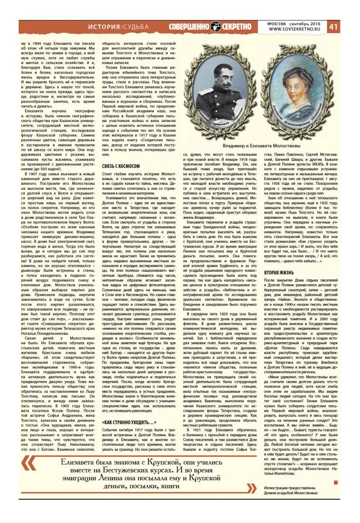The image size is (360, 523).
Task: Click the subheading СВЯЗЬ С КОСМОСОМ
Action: pyautogui.click(x=120, y=154)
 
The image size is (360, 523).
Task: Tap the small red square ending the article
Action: pyautogui.click(x=335, y=482)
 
